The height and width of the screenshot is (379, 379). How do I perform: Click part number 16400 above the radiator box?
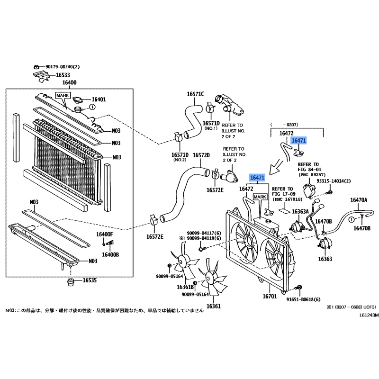[69, 82]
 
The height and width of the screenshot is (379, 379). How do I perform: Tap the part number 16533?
[63, 75]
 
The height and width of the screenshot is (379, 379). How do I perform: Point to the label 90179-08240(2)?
[63, 67]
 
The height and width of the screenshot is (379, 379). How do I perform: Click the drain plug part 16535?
[70, 282]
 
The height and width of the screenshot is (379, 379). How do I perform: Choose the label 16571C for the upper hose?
[195, 94]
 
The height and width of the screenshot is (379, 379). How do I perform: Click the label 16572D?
[201, 155]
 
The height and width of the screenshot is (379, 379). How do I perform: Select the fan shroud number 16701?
[270, 296]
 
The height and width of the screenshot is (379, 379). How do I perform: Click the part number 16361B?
[185, 287]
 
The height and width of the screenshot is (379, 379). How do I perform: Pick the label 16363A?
[300, 212]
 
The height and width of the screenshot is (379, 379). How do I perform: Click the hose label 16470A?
[359, 200]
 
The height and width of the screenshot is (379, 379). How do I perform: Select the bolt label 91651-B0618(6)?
[303, 299]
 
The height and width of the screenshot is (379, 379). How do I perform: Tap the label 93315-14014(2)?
[334, 181]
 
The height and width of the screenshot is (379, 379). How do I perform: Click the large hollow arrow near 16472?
[276, 167]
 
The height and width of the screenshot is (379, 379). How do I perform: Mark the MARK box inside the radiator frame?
[63, 96]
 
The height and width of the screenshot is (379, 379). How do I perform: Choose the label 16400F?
[104, 234]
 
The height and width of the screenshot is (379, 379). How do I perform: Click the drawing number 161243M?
[369, 315]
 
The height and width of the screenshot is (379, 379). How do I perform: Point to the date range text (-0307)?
[284, 125]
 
